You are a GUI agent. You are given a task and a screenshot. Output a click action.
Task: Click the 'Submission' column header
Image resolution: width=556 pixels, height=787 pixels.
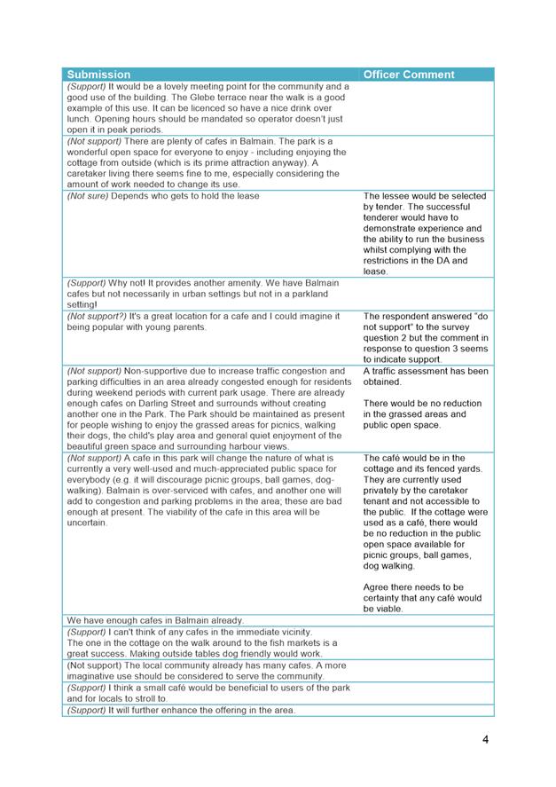pos(98,75)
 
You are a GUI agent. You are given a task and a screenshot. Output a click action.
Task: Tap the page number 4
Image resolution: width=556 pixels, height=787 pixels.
pos(485,739)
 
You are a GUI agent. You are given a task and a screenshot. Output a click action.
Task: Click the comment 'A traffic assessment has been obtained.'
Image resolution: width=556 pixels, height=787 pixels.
pos(426,376)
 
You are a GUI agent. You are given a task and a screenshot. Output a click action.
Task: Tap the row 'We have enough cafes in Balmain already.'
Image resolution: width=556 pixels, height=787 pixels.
pos(155,620)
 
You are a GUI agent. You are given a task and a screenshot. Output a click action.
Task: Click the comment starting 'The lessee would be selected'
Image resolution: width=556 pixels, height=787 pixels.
pos(425,196)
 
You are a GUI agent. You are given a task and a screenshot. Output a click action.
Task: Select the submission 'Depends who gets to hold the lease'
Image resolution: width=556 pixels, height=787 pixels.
pos(185,196)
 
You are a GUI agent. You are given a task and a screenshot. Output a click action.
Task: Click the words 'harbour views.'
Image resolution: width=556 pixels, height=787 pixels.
pos(263,446)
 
